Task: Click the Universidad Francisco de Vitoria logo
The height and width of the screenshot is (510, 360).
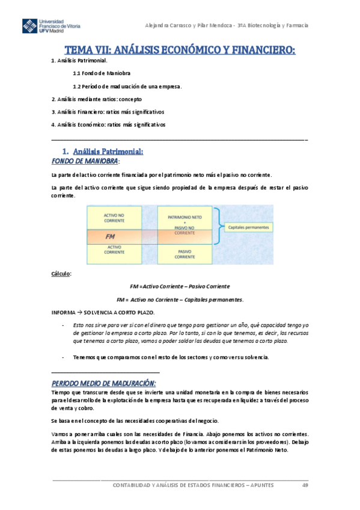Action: coord(51,27)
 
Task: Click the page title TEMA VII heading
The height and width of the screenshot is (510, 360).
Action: coord(180,51)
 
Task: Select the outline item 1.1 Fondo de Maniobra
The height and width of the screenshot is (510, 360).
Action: coord(102,73)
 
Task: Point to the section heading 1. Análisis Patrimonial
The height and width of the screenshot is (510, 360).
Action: coord(103,152)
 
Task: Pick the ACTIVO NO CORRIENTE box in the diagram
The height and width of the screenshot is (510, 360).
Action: coord(114,217)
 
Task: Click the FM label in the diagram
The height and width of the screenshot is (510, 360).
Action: coord(110,236)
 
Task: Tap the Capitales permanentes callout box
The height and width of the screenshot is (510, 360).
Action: coord(249,227)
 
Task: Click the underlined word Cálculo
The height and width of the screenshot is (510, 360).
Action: coord(61,274)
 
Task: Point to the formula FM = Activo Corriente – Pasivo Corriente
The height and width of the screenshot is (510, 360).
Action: coord(180,286)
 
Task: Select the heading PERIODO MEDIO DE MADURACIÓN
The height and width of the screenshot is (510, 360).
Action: coord(104,383)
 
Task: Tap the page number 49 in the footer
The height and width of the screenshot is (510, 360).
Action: coord(305,485)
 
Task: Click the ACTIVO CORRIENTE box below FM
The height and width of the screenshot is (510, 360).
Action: coord(114,250)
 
